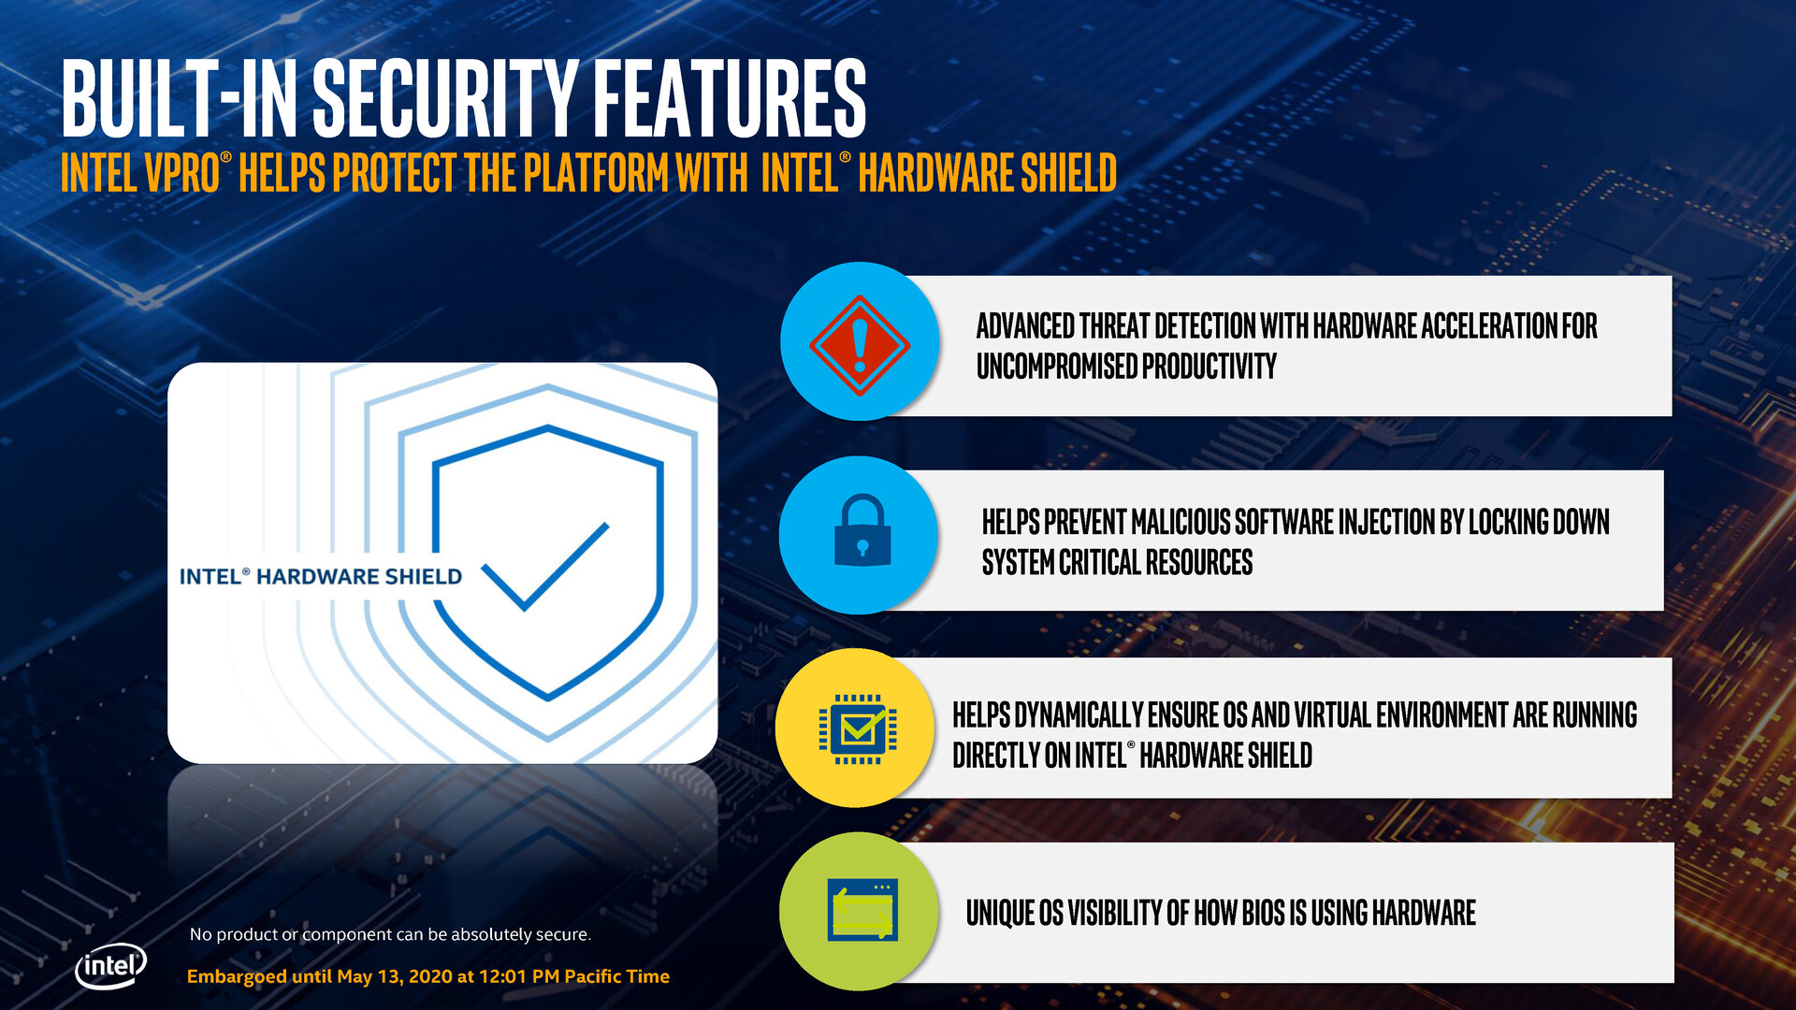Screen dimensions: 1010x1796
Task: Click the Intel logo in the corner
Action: pyautogui.click(x=110, y=965)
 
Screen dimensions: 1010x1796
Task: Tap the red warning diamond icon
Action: pyautogui.click(x=859, y=344)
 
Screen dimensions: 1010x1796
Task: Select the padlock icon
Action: pyautogui.click(x=862, y=530)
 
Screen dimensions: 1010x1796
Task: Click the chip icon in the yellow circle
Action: pyautogui.click(x=857, y=729)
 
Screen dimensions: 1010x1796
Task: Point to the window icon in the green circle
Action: pyautogui.click(x=862, y=910)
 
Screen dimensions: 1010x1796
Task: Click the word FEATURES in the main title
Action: pyautogui.click(x=730, y=98)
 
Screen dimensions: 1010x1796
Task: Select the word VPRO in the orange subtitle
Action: pyautogui.click(x=181, y=174)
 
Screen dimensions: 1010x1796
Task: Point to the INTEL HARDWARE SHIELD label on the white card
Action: pyautogui.click(x=320, y=577)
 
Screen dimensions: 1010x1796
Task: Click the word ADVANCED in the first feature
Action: pyautogui.click(x=1024, y=326)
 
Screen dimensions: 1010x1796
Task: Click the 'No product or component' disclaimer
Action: pyautogui.click(x=390, y=934)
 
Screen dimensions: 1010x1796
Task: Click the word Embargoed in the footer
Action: pyautogui.click(x=237, y=976)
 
